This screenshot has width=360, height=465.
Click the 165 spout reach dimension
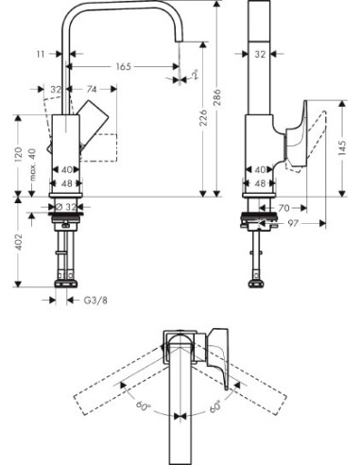pos(123,68)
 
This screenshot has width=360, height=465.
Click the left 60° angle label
pos(141,407)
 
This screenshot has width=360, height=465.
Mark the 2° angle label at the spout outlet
pos(195,72)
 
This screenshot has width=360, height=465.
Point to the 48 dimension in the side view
pos(259,182)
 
